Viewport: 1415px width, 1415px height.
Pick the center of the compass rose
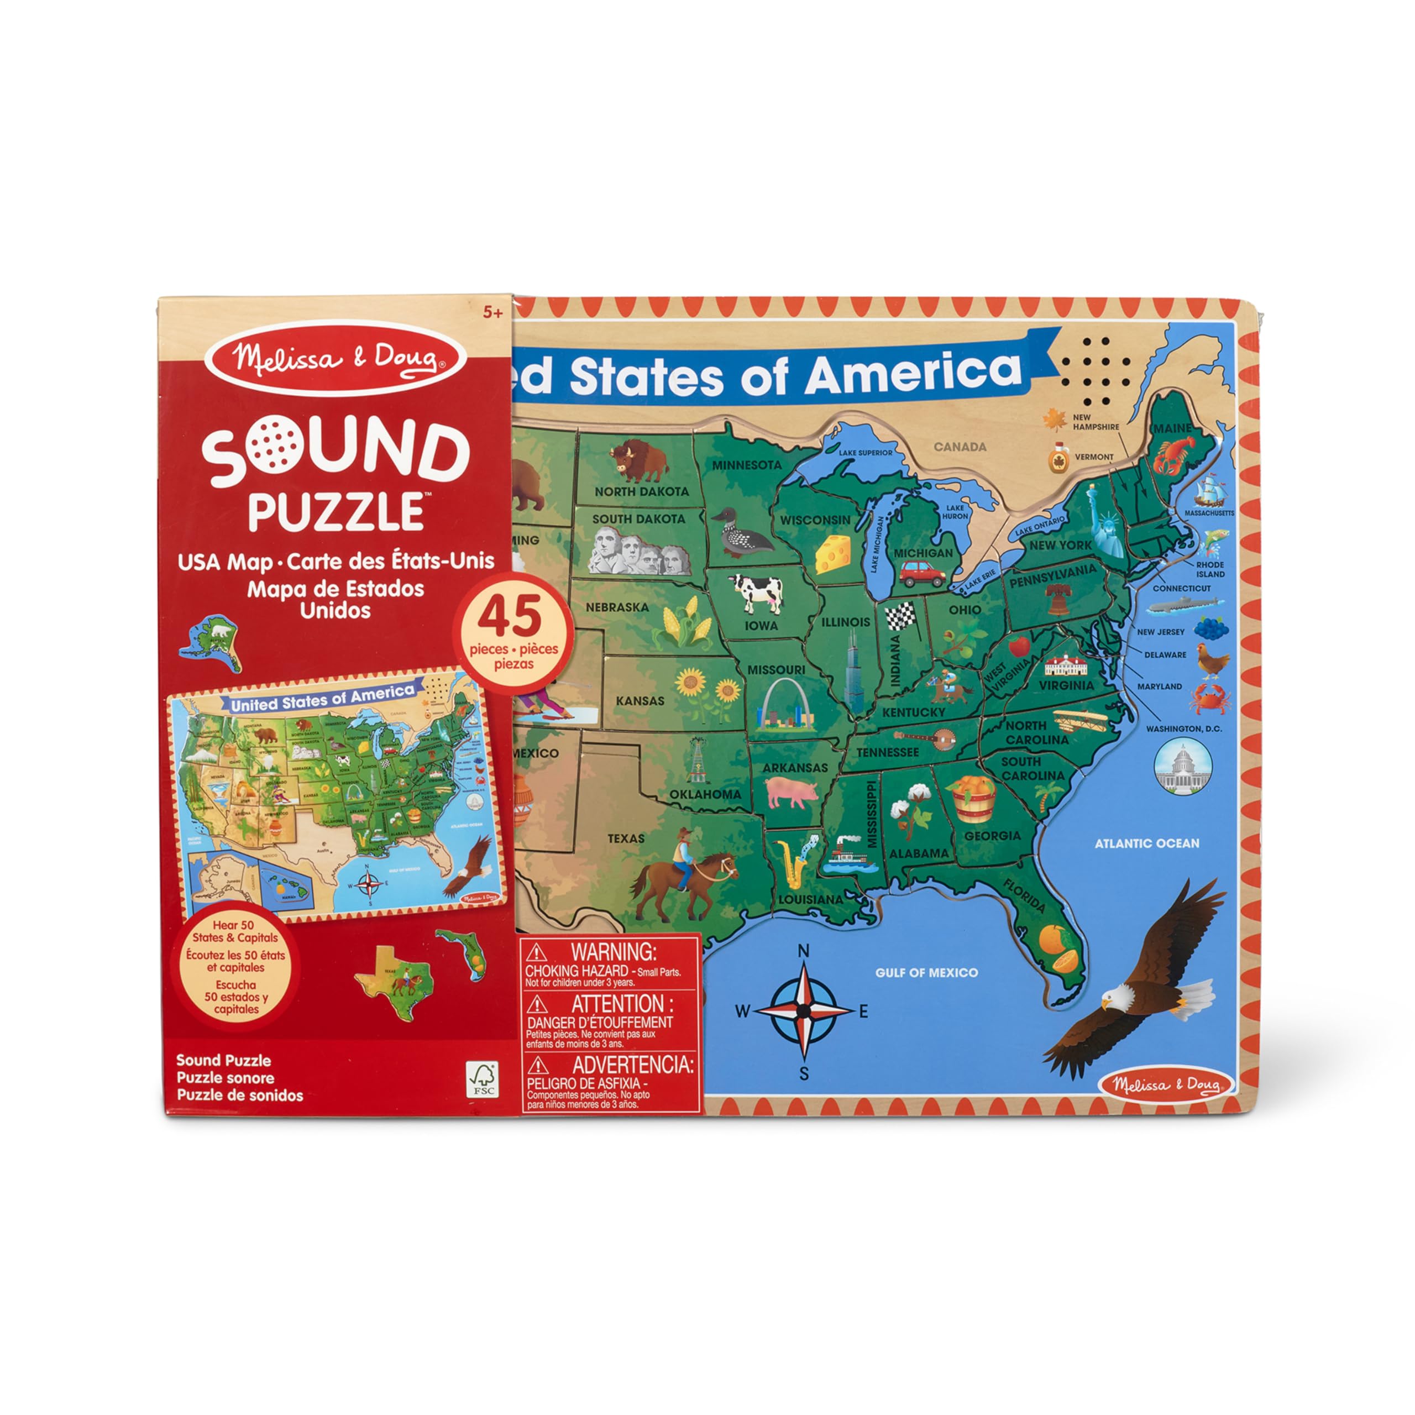coord(804,1012)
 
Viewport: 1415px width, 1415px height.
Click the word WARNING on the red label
coord(613,952)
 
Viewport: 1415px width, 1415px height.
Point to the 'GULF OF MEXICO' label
coord(926,973)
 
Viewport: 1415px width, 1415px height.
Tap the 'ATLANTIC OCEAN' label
coord(1146,843)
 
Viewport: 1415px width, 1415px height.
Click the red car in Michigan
coord(921,574)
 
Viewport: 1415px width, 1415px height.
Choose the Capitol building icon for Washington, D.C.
coord(1182,769)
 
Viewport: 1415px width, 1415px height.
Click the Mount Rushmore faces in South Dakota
coord(638,553)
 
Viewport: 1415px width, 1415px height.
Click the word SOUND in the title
coord(336,453)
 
